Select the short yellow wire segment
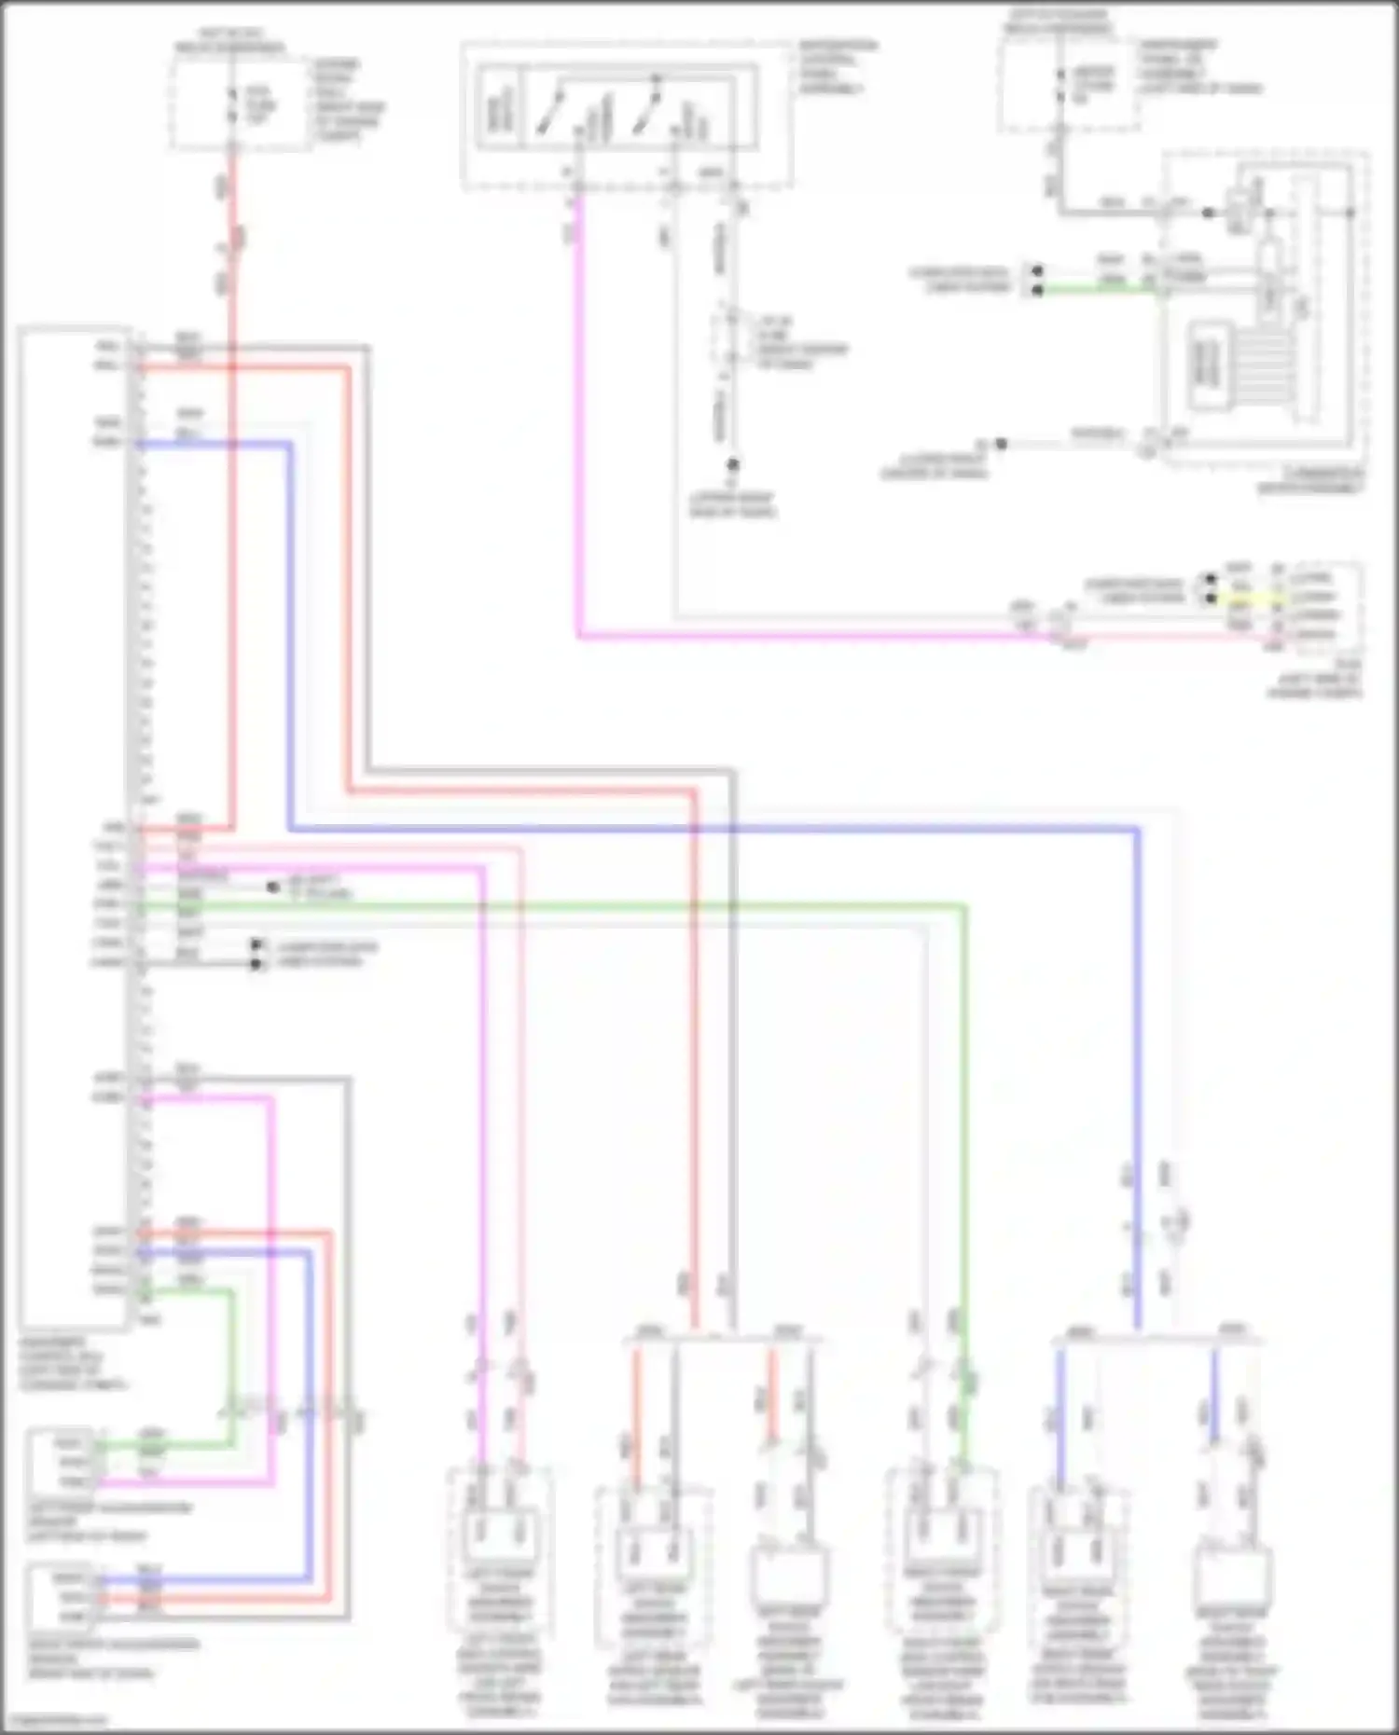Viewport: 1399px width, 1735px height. click(x=1240, y=598)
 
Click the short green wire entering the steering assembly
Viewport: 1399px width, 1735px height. click(x=1101, y=290)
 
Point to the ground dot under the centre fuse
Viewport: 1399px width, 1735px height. click(x=733, y=464)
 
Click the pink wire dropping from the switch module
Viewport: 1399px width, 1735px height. click(x=578, y=420)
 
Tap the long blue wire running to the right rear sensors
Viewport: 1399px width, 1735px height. click(x=709, y=828)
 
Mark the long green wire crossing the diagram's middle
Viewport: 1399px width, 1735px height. click(x=560, y=903)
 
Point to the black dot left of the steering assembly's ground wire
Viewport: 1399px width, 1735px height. click(x=1001, y=444)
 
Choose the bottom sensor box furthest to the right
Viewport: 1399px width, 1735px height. click(x=1231, y=1585)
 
